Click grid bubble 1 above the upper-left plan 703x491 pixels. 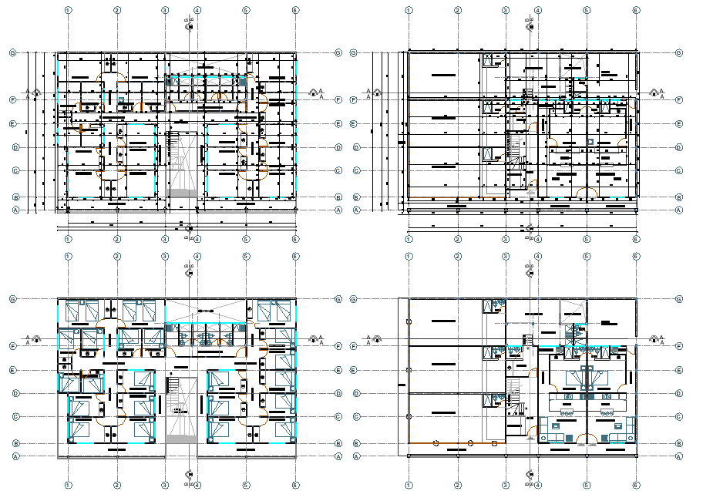[69, 10]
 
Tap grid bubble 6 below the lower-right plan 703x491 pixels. [635, 486]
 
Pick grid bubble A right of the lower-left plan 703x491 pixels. [339, 456]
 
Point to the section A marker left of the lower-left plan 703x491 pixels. [30, 338]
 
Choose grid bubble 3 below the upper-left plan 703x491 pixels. [165, 240]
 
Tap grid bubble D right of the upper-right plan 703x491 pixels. [679, 147]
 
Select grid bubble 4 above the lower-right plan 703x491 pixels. [537, 256]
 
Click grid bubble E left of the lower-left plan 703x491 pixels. [14, 370]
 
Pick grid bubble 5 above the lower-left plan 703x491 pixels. [246, 256]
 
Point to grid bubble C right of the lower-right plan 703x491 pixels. [679, 416]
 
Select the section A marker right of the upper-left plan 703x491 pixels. [314, 93]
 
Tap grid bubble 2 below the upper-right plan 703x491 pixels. [458, 240]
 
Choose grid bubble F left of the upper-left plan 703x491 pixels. [14, 100]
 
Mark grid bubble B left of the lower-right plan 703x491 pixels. [356, 443]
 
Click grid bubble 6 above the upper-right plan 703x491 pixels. [635, 10]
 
